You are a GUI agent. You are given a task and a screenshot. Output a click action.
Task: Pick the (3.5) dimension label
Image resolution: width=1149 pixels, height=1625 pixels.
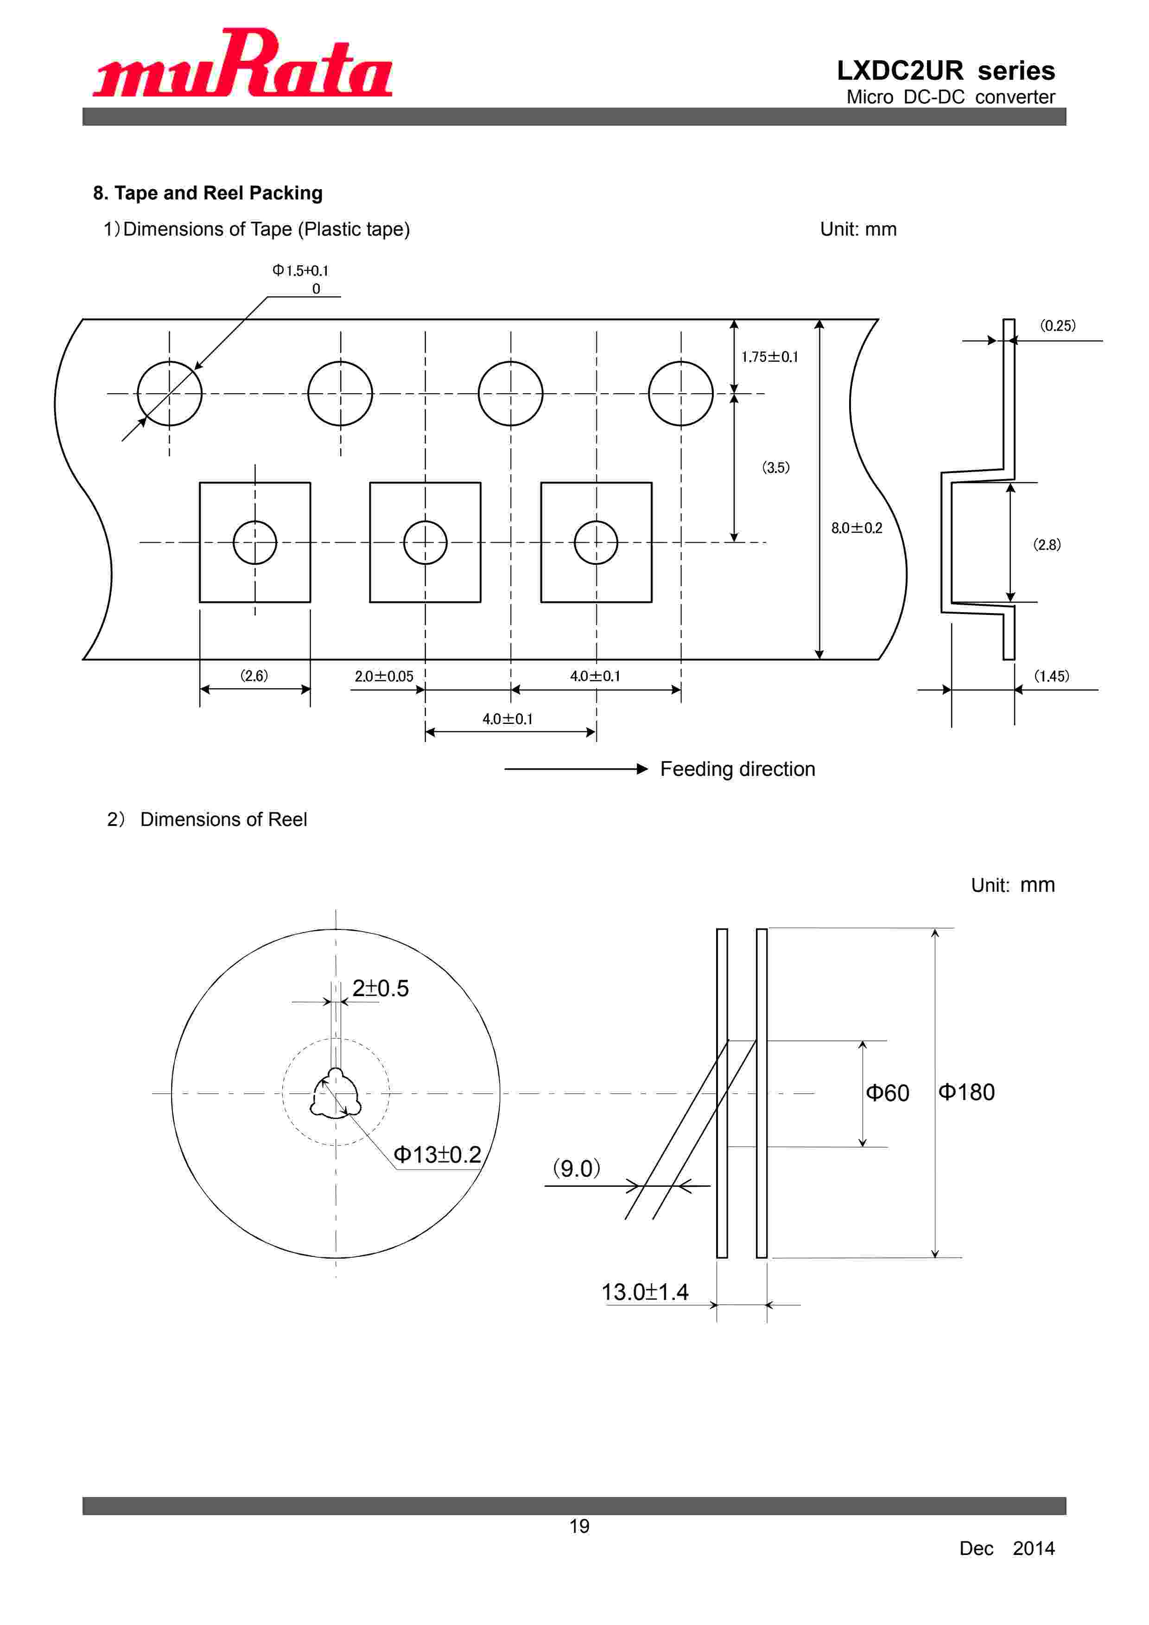pos(775,467)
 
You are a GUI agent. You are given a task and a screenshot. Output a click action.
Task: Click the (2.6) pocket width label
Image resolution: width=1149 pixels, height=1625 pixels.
pos(254,675)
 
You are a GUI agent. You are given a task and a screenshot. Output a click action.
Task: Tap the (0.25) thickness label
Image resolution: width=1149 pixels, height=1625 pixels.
pos(1057,326)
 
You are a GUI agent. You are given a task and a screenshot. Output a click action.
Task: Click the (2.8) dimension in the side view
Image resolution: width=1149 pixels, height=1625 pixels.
pos(1047,544)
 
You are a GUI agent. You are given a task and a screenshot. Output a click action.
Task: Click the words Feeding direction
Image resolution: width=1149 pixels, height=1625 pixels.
pos(737,769)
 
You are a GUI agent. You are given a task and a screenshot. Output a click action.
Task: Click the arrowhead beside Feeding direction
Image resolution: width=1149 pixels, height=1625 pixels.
pos(642,769)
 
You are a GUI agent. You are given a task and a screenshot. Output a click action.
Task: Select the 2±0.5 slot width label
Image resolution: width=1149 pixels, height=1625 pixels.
pos(381,988)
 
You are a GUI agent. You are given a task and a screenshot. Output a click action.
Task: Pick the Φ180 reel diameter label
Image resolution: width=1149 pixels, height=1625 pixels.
pos(966,1092)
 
